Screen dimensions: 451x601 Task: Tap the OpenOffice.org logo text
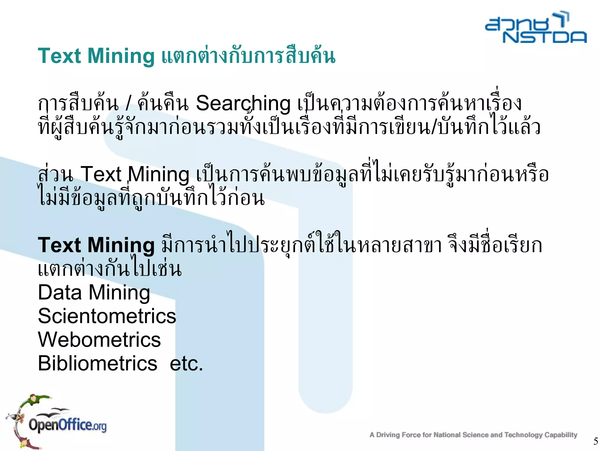click(x=67, y=425)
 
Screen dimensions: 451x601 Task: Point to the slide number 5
click(x=595, y=441)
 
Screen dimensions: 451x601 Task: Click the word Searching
click(x=243, y=104)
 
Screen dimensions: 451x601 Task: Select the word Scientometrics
click(x=107, y=316)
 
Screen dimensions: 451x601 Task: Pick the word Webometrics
click(x=99, y=340)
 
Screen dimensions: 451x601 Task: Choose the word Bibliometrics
click(x=97, y=363)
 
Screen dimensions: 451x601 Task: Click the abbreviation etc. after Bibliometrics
click(x=186, y=364)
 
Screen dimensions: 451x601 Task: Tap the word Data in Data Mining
click(x=60, y=293)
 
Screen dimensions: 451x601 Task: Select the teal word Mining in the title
click(x=121, y=56)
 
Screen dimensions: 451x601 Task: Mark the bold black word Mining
click(x=121, y=246)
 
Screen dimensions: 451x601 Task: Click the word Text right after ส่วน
click(x=101, y=174)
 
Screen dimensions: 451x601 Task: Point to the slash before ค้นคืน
click(x=128, y=103)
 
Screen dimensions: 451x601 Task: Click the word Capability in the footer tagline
click(x=561, y=435)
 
